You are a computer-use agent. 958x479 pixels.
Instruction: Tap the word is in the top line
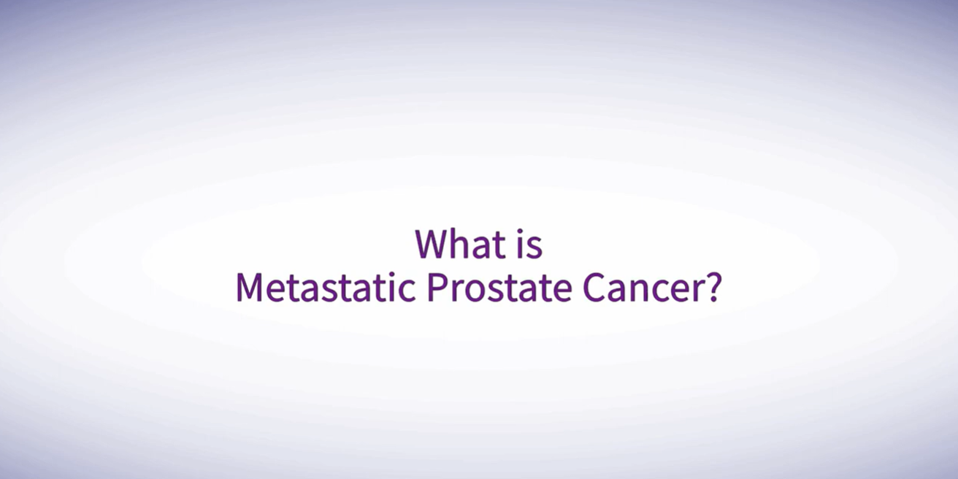[530, 244]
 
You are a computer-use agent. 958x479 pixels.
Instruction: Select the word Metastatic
[326, 288]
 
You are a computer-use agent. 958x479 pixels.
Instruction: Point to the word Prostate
[499, 288]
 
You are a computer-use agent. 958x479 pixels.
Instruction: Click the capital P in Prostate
[437, 288]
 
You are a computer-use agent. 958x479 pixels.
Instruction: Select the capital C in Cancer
[594, 288]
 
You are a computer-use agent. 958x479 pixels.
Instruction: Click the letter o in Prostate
[473, 291]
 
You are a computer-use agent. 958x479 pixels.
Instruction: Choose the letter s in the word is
[535, 248]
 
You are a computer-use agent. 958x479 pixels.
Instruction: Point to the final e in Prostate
[563, 291]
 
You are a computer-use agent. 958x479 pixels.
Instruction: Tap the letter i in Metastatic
[393, 288]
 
